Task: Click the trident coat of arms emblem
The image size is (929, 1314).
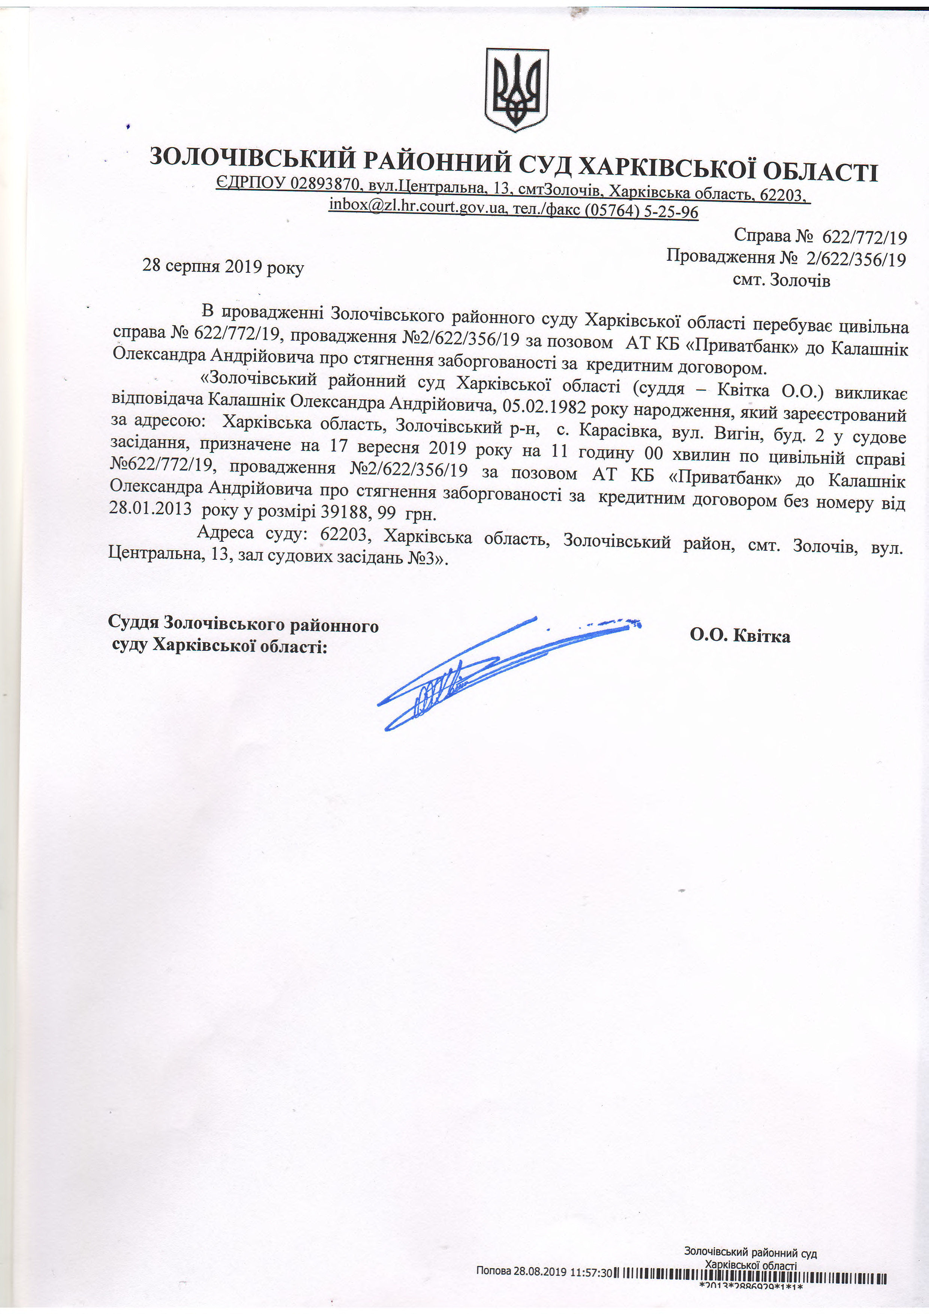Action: pos(517,89)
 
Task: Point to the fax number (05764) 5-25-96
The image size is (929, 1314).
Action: pos(640,211)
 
